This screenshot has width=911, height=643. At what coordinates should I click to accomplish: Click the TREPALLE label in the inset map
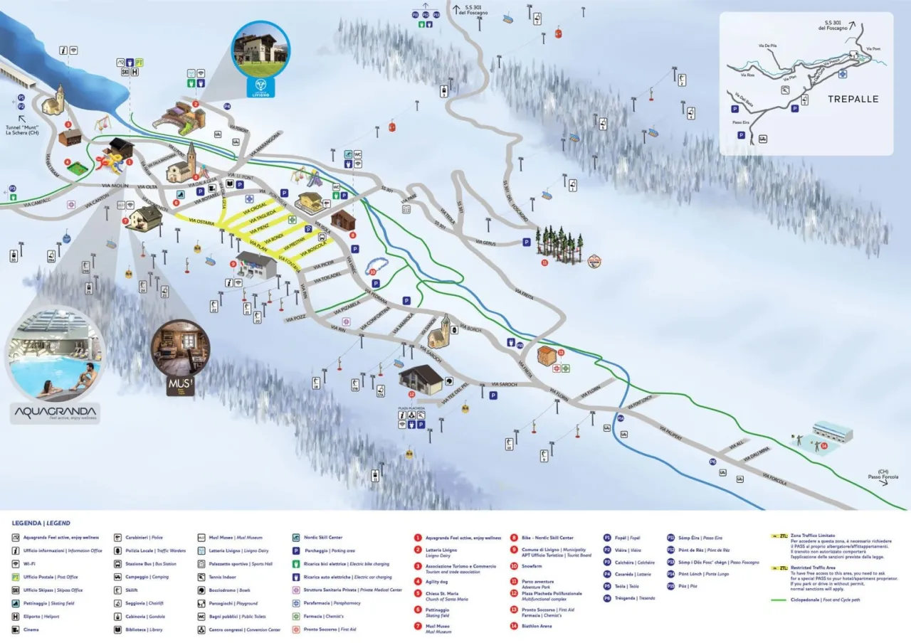[x=853, y=99]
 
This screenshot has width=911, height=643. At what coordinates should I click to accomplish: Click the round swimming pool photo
[x=57, y=354]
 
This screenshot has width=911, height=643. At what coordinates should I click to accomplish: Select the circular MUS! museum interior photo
[x=180, y=349]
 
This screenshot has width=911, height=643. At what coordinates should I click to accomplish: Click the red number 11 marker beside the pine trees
[x=544, y=262]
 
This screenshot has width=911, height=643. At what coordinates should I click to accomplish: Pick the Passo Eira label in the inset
[x=742, y=122]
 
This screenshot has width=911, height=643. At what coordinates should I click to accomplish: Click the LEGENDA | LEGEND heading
[x=41, y=523]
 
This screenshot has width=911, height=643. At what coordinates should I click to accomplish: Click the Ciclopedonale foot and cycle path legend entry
[x=818, y=600]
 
